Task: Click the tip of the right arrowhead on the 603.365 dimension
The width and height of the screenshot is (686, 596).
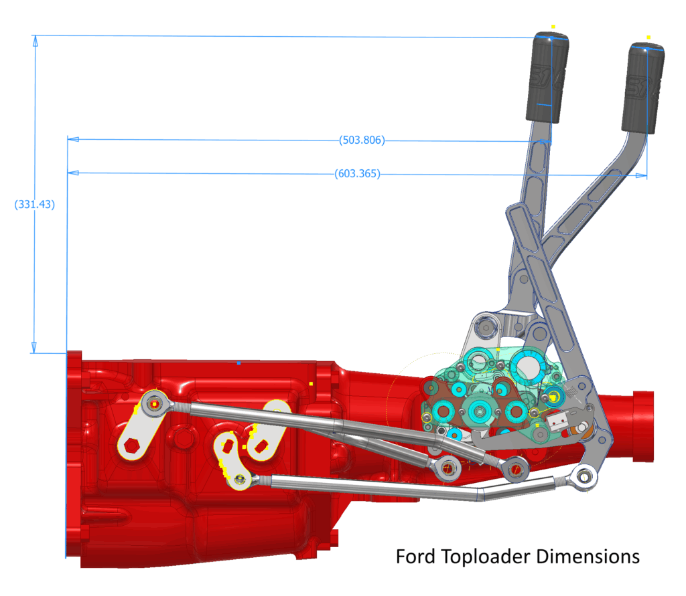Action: click(x=646, y=176)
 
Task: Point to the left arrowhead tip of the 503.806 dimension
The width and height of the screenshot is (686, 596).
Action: click(x=68, y=139)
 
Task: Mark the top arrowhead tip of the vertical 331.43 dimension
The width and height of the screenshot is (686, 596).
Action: click(x=36, y=36)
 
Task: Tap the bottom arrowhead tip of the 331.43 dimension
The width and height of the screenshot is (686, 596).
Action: click(x=34, y=353)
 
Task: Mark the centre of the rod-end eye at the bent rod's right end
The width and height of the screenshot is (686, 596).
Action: click(x=584, y=477)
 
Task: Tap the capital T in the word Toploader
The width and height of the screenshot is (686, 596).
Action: click(x=446, y=557)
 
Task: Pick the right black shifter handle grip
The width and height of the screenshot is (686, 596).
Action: click(x=642, y=88)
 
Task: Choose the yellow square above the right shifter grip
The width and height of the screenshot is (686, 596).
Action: click(x=648, y=37)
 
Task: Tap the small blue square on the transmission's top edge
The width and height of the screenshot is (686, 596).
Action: click(x=238, y=363)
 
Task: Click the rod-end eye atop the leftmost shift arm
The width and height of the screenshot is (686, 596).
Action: click(x=154, y=404)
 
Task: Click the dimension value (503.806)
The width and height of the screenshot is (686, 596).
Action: click(x=362, y=140)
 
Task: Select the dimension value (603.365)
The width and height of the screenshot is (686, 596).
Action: click(x=358, y=174)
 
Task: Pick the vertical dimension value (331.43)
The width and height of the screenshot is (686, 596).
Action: click(x=35, y=205)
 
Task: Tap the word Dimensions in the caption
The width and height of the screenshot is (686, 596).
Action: click(x=588, y=557)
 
